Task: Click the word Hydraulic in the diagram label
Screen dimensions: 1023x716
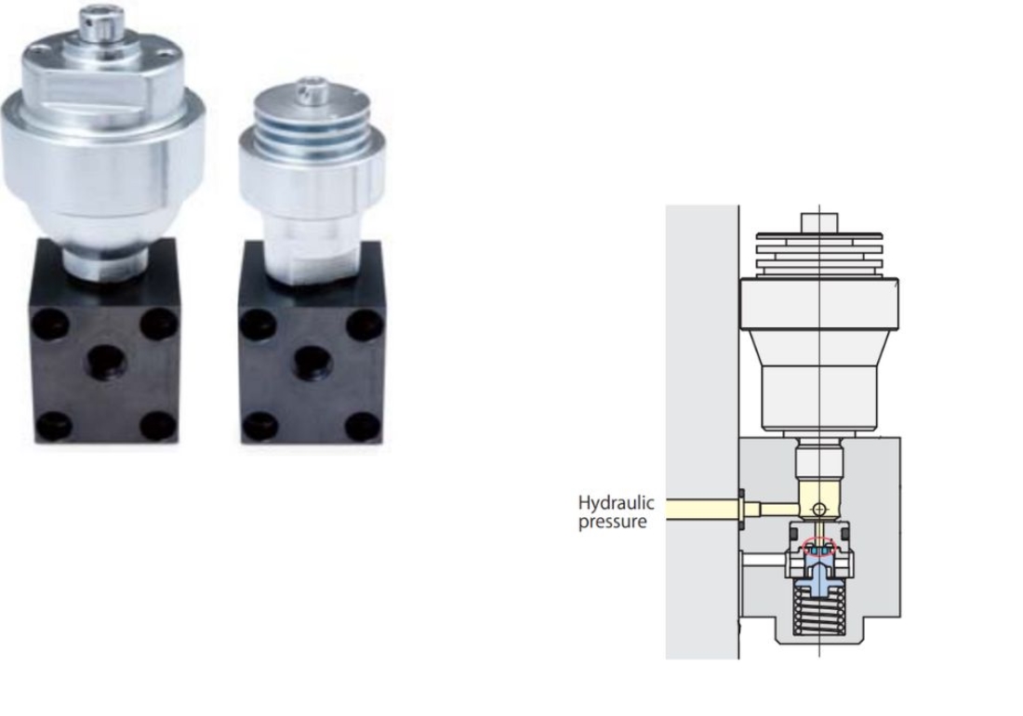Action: click(x=616, y=503)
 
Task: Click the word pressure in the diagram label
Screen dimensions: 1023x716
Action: click(x=612, y=523)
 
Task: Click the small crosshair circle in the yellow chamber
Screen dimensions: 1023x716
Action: click(x=819, y=509)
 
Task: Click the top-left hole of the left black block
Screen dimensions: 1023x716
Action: click(x=51, y=324)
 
